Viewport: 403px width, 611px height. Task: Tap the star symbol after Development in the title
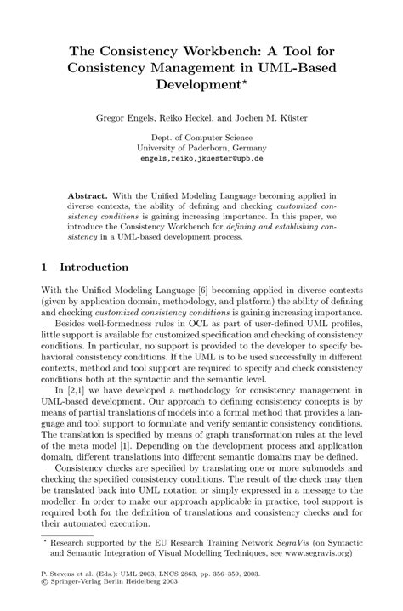click(246, 82)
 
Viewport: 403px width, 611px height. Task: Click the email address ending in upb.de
click(201, 158)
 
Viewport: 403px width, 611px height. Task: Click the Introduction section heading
click(94, 266)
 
